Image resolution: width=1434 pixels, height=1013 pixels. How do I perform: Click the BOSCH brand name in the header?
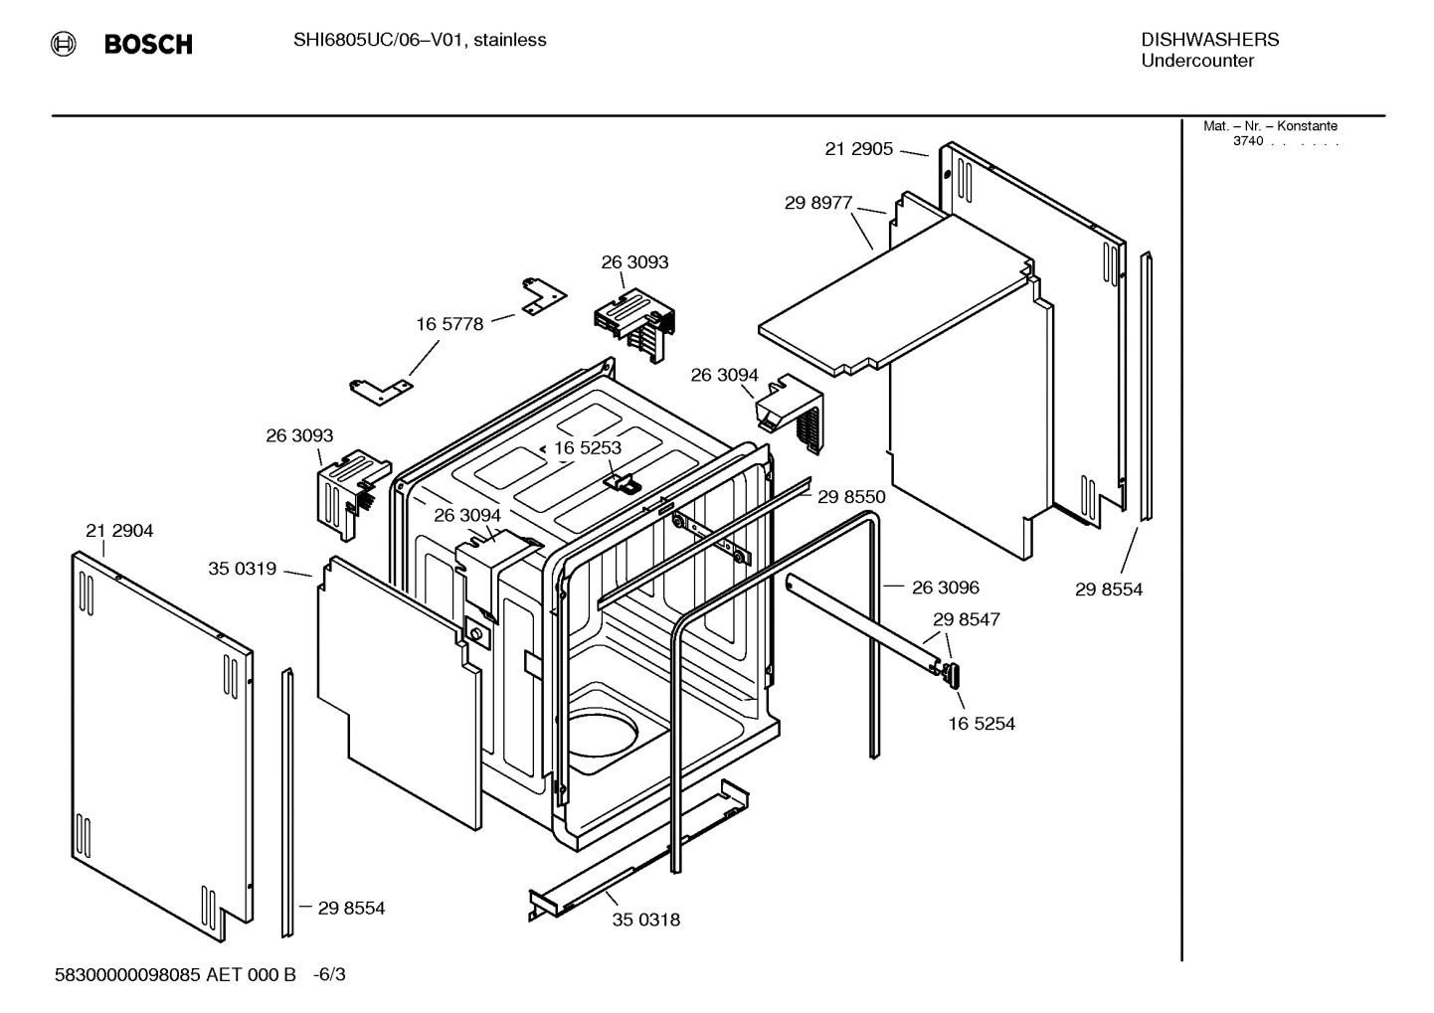148,45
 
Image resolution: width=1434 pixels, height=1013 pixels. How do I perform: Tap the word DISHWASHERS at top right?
1209,40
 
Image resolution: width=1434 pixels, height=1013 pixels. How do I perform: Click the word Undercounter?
1196,61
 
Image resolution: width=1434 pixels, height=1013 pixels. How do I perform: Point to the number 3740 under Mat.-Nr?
1247,141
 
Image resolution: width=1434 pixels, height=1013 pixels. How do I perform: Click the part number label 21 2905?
858,149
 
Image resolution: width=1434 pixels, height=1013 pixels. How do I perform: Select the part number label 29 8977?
818,203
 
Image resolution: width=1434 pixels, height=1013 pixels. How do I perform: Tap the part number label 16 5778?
449,324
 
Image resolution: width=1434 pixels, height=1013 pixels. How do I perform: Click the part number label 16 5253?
588,448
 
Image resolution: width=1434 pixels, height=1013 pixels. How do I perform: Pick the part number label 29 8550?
851,497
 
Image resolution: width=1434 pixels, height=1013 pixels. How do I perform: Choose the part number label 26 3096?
946,588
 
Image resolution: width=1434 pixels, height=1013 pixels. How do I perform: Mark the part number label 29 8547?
966,619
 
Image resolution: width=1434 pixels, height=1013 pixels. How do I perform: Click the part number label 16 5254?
982,724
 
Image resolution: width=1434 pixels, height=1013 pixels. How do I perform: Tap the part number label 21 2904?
119,531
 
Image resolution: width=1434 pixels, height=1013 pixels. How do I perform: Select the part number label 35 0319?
242,569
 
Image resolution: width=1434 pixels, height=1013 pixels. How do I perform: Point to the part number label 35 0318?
646,920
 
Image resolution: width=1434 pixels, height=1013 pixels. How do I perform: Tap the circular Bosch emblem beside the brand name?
64,44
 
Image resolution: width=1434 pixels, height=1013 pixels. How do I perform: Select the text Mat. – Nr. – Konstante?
1270,126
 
